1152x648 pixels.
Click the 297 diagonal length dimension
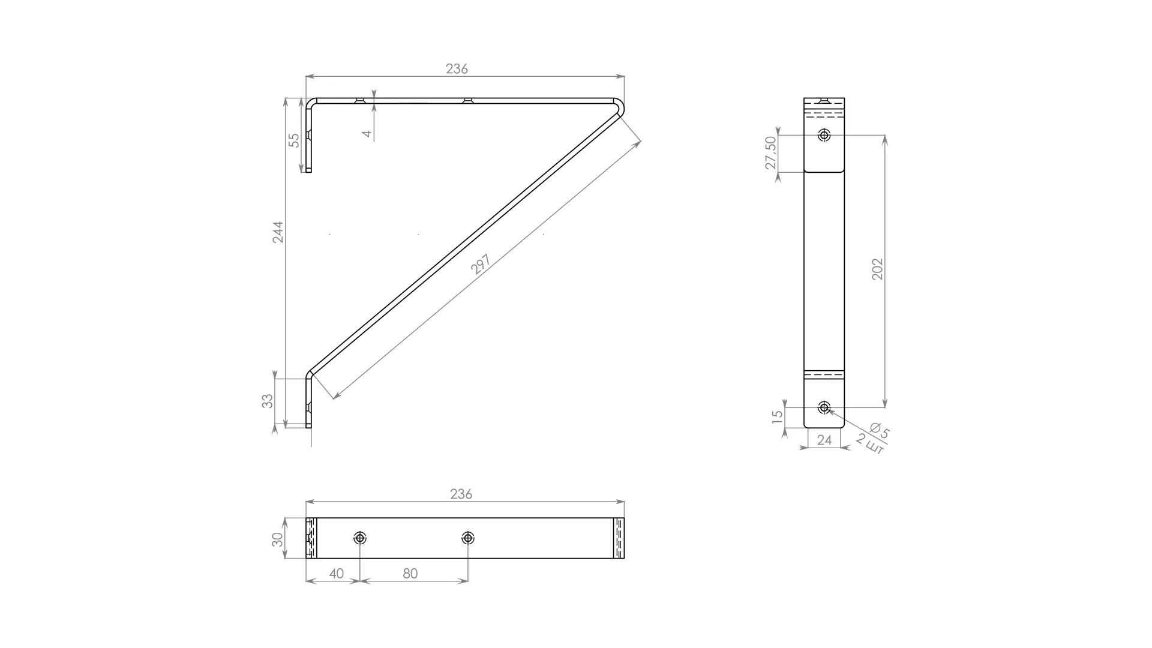[x=481, y=265]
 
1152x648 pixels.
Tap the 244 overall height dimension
[x=278, y=232]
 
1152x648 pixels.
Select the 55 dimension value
[x=294, y=140]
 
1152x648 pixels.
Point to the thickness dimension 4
[x=367, y=133]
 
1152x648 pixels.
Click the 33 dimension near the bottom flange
[x=268, y=401]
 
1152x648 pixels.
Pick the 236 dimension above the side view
[x=457, y=69]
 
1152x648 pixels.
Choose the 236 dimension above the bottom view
[x=461, y=494]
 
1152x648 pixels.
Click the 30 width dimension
[x=277, y=539]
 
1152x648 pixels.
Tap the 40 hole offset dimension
[x=337, y=574]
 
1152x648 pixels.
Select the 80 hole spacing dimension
[x=410, y=574]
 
